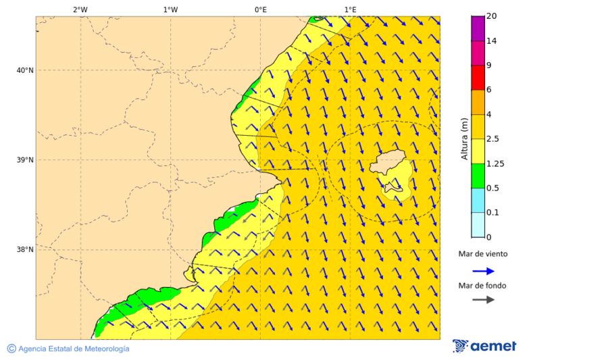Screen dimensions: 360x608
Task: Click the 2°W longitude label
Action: coord(80,9)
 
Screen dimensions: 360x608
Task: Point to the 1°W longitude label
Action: coord(170,9)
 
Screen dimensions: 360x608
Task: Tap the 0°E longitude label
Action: coord(260,9)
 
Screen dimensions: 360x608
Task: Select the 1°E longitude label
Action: coord(350,9)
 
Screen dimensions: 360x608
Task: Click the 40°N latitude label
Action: coord(25,70)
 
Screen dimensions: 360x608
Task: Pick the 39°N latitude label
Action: coord(25,160)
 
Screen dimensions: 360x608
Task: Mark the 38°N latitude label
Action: coord(25,250)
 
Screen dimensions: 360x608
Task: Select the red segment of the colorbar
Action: coord(478,77)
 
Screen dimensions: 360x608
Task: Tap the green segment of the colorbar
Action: coord(478,176)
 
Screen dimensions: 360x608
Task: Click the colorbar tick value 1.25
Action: coord(496,163)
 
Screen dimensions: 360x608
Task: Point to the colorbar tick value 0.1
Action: coord(493,213)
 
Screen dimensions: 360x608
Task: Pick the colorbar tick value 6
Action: coord(489,90)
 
